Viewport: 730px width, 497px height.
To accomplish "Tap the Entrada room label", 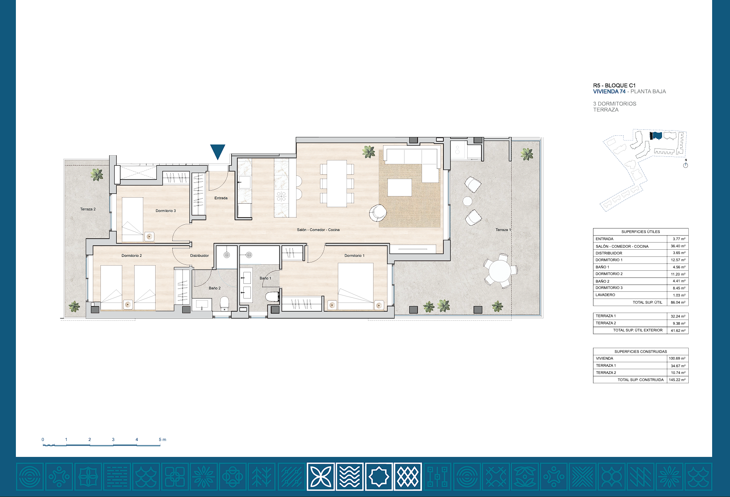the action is click(221, 198).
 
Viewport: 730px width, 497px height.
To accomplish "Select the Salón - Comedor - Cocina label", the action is click(318, 230).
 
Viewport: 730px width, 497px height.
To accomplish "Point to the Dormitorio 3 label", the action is click(166, 211).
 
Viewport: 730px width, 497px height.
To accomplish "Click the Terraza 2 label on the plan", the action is click(88, 209).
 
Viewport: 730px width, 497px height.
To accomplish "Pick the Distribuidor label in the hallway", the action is click(199, 256).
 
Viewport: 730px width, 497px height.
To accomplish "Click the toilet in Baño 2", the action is click(225, 304).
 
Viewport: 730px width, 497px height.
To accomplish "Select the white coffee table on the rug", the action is click(400, 187).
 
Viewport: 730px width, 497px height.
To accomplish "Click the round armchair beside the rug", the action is click(378, 213).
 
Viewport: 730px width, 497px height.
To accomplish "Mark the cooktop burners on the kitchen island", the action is click(281, 196).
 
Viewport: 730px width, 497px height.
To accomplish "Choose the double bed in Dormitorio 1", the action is click(355, 286).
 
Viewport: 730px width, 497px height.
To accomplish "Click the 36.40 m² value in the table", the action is click(678, 246).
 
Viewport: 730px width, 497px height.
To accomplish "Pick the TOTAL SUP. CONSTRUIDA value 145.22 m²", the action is click(677, 380).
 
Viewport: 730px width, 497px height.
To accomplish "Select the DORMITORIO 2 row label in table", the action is click(609, 274).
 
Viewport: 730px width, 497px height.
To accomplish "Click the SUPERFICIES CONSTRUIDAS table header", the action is click(641, 351).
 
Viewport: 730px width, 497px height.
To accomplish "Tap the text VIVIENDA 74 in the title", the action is click(609, 91).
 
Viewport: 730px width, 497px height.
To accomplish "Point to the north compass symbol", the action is click(686, 164).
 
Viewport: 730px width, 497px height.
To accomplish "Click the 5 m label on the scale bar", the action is click(162, 439).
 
